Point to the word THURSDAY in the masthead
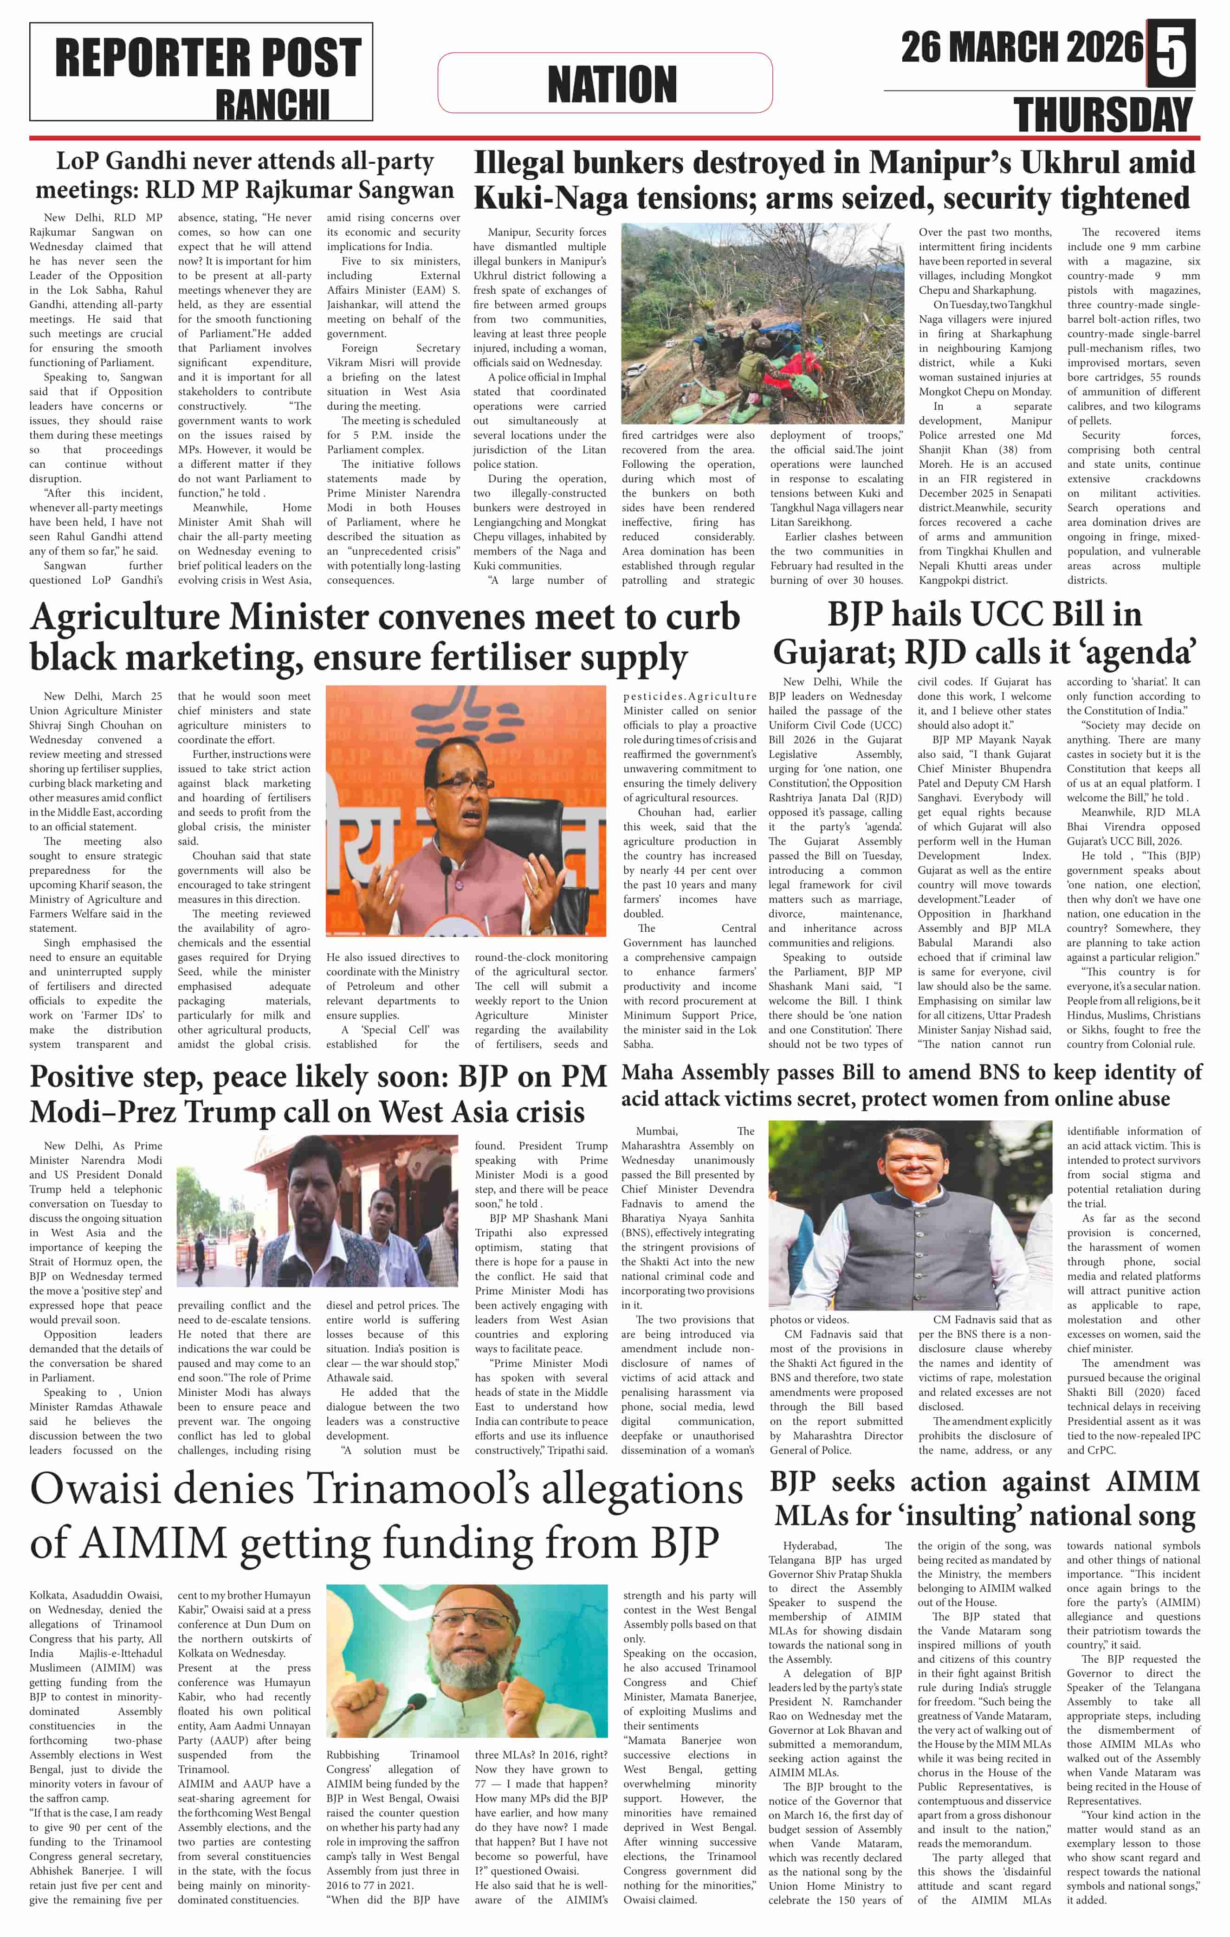point(1103,114)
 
